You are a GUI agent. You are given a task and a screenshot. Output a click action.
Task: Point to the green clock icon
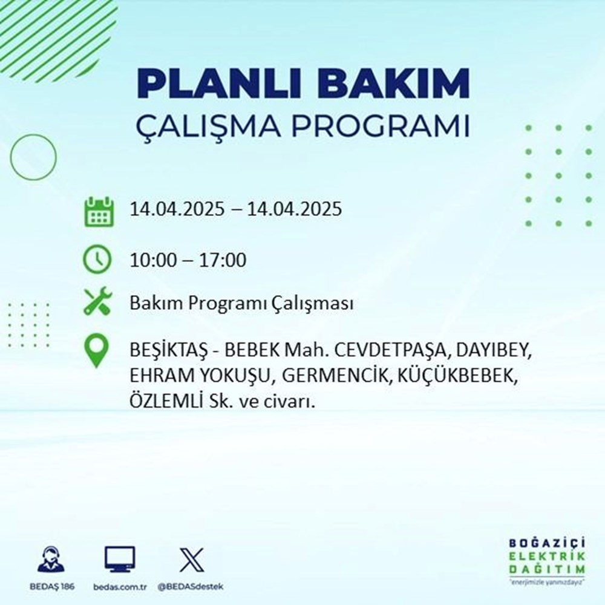click(x=97, y=260)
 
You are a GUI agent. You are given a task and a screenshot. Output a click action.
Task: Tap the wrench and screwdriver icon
click(x=97, y=302)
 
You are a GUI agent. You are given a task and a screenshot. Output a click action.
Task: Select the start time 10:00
click(x=153, y=261)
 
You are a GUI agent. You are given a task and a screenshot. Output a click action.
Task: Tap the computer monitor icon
click(x=119, y=560)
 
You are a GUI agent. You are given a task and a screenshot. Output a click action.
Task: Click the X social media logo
click(x=191, y=560)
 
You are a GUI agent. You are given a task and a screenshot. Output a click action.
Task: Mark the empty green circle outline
click(x=33, y=157)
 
